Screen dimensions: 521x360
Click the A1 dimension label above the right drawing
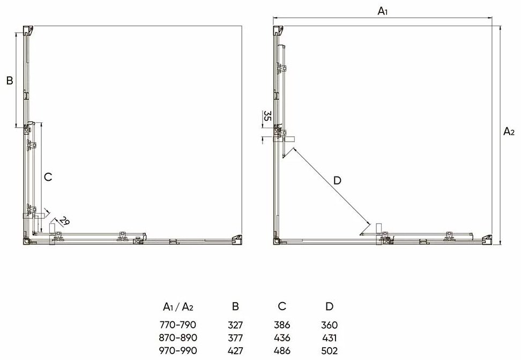(383, 11)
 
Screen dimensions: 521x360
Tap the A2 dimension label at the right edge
(509, 131)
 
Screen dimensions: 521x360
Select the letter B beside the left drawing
(10, 80)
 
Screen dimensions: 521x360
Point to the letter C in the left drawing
(48, 177)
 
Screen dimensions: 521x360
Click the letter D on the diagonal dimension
(337, 181)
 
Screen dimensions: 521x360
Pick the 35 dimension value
(267, 116)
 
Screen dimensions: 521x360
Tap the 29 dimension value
(64, 221)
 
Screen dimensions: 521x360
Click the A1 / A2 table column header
(178, 306)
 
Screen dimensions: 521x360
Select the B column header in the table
(235, 306)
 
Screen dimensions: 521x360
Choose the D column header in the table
(329, 306)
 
